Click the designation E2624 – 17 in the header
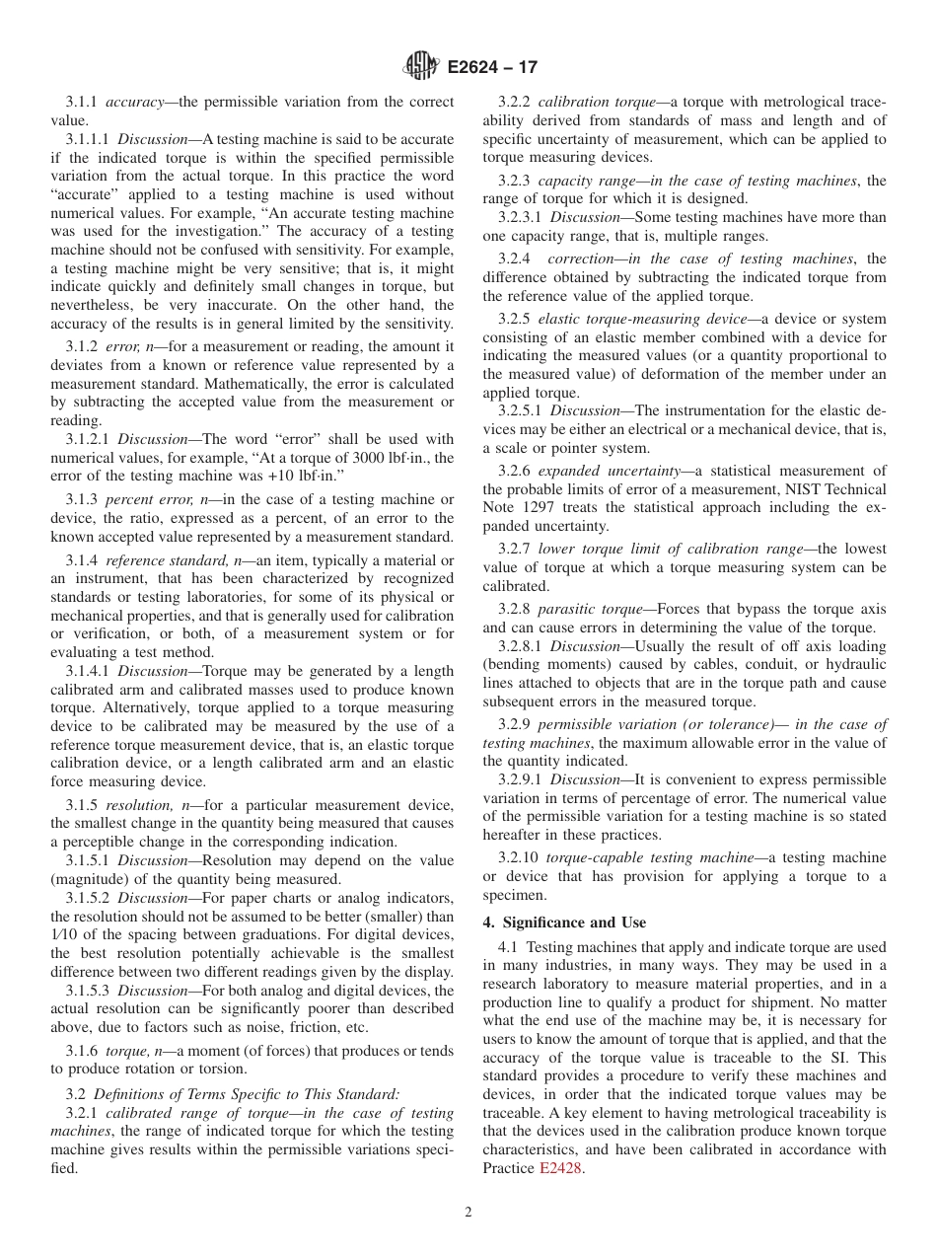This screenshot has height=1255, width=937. click(492, 68)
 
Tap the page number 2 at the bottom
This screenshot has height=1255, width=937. click(468, 1213)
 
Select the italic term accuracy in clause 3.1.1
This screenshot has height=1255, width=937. click(132, 102)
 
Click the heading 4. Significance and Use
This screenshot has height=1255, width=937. click(564, 923)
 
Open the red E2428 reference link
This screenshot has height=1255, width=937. click(560, 1169)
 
